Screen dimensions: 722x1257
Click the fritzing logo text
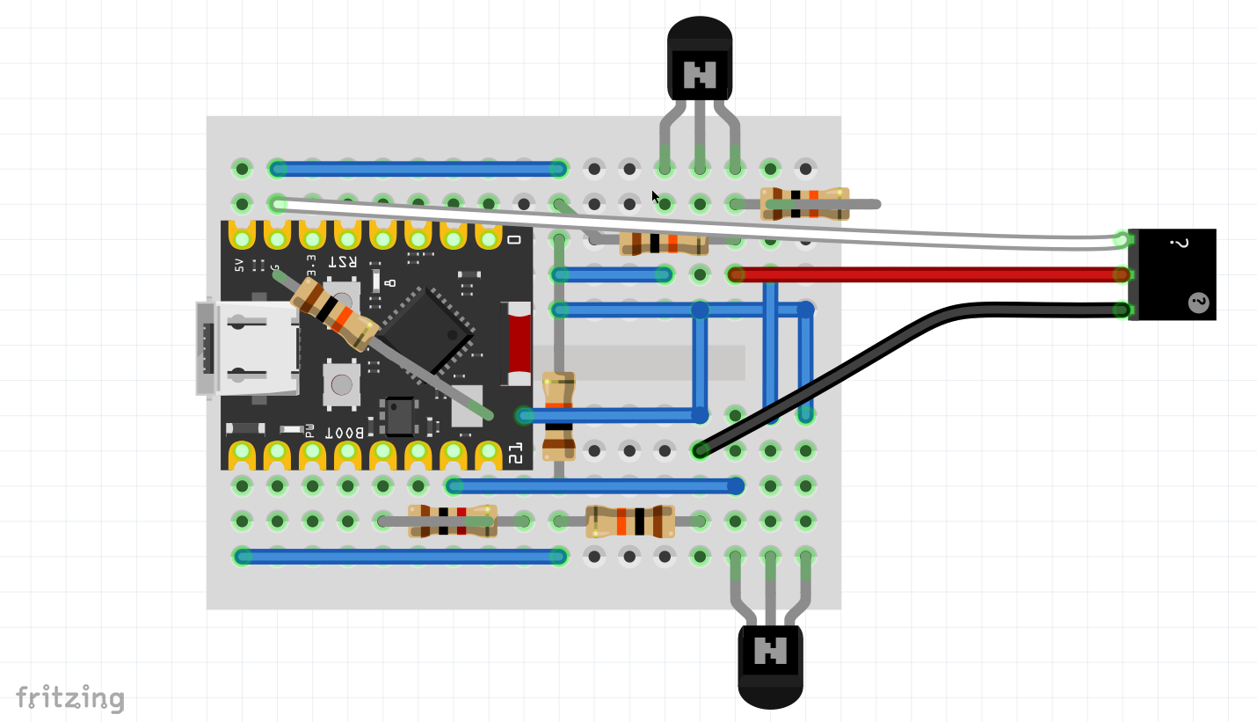click(x=70, y=697)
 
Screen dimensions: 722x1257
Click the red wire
click(x=923, y=274)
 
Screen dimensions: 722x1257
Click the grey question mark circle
click(x=1198, y=303)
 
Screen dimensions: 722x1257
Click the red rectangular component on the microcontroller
click(x=516, y=344)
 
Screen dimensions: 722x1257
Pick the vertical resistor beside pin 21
click(x=558, y=416)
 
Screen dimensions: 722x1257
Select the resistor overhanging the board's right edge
click(x=804, y=203)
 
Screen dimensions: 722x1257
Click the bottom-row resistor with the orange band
click(x=630, y=521)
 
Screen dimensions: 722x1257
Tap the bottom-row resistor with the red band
click(x=452, y=521)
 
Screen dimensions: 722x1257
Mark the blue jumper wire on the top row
click(x=418, y=168)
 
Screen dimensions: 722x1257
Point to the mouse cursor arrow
click(x=656, y=197)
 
